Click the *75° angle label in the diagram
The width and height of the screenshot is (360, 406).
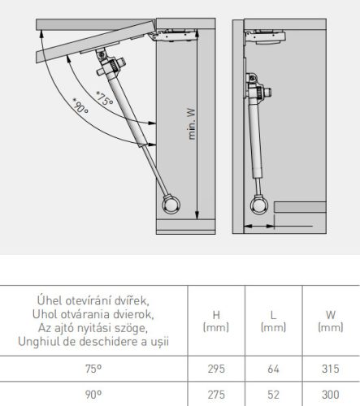click(x=104, y=99)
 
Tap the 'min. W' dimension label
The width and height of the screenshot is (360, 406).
click(x=192, y=124)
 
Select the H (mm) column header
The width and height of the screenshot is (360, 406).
click(x=216, y=321)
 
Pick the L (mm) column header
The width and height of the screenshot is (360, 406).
click(x=273, y=321)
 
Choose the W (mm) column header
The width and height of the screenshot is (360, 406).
click(x=331, y=321)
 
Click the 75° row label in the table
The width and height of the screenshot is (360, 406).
click(x=93, y=369)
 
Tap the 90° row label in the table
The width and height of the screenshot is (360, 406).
click(x=93, y=395)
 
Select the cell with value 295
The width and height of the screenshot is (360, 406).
click(x=216, y=369)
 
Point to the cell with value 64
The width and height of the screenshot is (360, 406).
click(x=273, y=369)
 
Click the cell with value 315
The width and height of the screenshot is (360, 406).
click(x=331, y=369)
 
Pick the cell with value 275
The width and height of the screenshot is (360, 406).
click(x=216, y=395)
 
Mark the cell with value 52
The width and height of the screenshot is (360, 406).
click(x=273, y=395)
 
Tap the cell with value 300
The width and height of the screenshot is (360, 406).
click(x=331, y=395)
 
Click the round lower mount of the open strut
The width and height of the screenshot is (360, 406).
click(x=171, y=205)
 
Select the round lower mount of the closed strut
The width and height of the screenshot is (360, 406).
click(x=259, y=205)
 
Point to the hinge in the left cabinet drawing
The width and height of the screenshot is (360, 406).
click(x=173, y=35)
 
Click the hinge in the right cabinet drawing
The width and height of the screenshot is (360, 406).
click(x=265, y=37)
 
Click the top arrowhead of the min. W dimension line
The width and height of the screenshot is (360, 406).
click(x=197, y=32)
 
